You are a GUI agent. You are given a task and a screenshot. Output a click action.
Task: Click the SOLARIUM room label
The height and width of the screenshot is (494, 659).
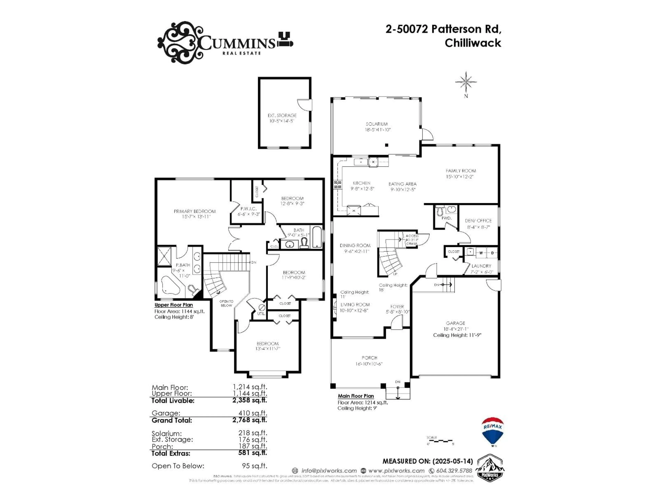[x=377, y=124]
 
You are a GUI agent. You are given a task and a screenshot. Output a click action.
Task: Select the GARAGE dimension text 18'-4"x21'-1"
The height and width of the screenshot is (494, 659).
[x=455, y=329]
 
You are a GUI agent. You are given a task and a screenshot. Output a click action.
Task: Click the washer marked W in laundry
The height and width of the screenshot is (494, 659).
[x=481, y=253]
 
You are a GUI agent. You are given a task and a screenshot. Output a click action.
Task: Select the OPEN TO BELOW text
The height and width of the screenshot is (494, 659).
[x=226, y=303]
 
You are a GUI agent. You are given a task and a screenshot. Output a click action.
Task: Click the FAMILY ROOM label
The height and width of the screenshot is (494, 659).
[x=461, y=171]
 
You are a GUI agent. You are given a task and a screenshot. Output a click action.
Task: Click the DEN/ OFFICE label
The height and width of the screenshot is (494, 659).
[x=478, y=221]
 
